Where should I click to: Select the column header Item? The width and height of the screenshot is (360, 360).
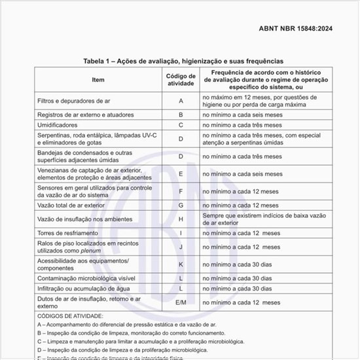click(98, 80)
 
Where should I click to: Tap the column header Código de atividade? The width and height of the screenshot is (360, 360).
click(181, 80)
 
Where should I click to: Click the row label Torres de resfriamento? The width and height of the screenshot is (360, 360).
click(68, 233)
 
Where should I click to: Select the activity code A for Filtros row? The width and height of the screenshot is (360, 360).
click(181, 101)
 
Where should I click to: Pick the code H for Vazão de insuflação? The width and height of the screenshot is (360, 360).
click(181, 219)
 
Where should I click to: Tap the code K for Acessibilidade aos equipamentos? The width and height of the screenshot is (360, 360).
click(181, 264)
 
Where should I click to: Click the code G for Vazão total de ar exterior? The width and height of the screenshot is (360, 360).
click(181, 205)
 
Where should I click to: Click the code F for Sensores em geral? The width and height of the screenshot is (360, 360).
click(181, 191)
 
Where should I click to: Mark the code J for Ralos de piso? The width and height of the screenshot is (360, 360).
click(181, 247)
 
